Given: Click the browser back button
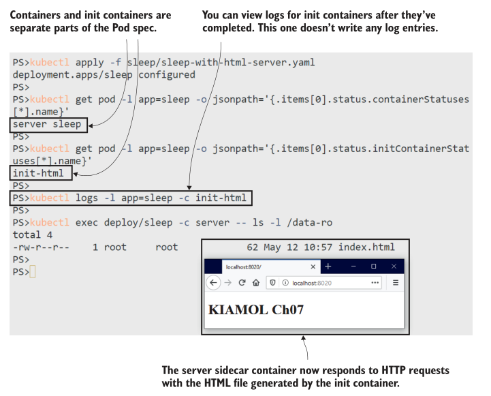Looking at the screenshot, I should pyautogui.click(x=213, y=283).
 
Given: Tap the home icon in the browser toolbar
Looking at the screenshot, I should pyautogui.click(x=255, y=283).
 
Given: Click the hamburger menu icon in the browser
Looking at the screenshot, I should pyautogui.click(x=395, y=283).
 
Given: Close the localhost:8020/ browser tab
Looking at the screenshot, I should pyautogui.click(x=313, y=266).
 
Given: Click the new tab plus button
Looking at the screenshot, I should pyautogui.click(x=328, y=266).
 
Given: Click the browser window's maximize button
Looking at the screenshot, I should pyautogui.click(x=373, y=266).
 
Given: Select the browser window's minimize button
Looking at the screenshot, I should pyautogui.click(x=352, y=266).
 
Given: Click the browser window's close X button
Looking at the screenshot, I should pyautogui.click(x=394, y=266).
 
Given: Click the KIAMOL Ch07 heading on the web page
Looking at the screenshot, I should pyautogui.click(x=255, y=309).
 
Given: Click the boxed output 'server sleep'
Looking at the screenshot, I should pyautogui.click(x=46, y=124).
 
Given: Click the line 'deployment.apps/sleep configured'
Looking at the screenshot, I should pyautogui.click(x=104, y=75).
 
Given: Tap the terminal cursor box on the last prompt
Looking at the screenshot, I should pyautogui.click(x=33, y=272).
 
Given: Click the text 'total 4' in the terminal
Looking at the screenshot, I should pyautogui.click(x=33, y=235).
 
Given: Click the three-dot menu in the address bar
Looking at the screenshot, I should pyautogui.click(x=375, y=283).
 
